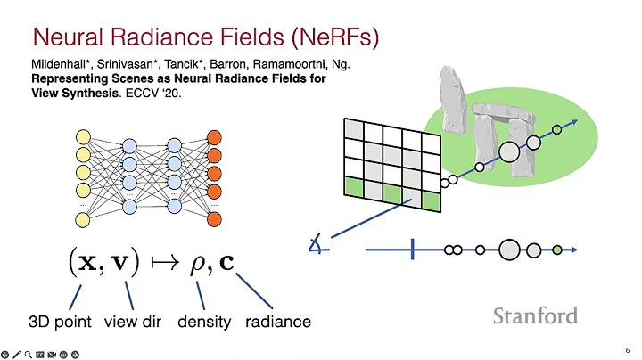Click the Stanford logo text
535,315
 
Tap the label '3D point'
61,322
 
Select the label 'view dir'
133,322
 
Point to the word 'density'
203,322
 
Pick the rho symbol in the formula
201,264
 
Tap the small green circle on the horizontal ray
557,250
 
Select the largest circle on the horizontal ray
509,250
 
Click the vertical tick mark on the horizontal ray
413,250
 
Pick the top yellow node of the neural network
85,137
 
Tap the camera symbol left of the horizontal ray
316,244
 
